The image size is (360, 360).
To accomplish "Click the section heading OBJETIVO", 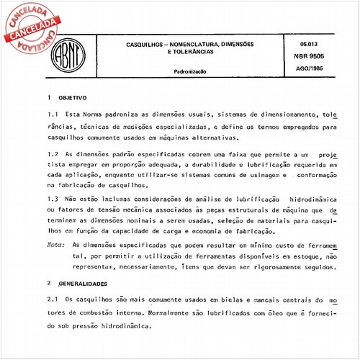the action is point(73,96).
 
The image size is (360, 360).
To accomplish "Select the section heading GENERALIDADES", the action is point(84,284).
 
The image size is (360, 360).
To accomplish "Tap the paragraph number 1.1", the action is point(53,114).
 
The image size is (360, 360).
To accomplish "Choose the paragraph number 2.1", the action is point(53,299).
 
